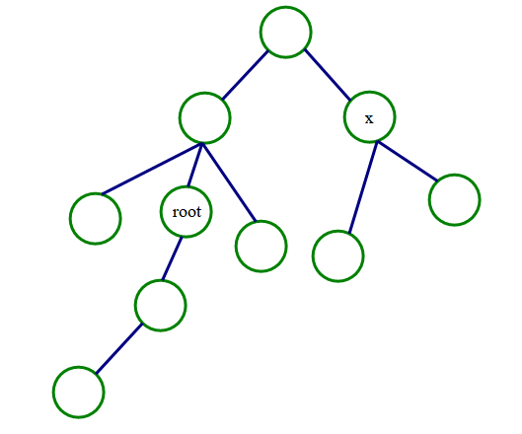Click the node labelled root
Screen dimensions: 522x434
click(186, 212)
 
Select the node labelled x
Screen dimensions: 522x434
click(369, 116)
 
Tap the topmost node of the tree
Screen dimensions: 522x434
click(285, 32)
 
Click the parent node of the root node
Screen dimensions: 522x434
click(204, 117)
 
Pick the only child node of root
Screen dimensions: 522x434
click(161, 306)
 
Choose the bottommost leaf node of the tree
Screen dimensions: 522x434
click(79, 392)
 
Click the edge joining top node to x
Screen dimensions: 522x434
click(328, 75)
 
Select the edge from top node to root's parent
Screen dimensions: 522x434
click(245, 75)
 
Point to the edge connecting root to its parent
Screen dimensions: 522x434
click(194, 165)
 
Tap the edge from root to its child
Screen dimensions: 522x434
click(172, 258)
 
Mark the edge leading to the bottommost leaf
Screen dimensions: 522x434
click(118, 348)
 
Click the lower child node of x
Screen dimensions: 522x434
click(337, 255)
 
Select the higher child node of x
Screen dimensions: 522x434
click(455, 199)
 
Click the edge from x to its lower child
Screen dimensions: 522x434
click(363, 187)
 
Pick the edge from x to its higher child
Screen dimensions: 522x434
click(408, 162)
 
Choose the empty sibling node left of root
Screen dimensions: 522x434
click(95, 219)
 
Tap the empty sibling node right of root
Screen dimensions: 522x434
click(261, 247)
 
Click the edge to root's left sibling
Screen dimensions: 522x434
click(152, 169)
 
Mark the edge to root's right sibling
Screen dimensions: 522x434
click(229, 182)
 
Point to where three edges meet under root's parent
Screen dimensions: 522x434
click(201, 144)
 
